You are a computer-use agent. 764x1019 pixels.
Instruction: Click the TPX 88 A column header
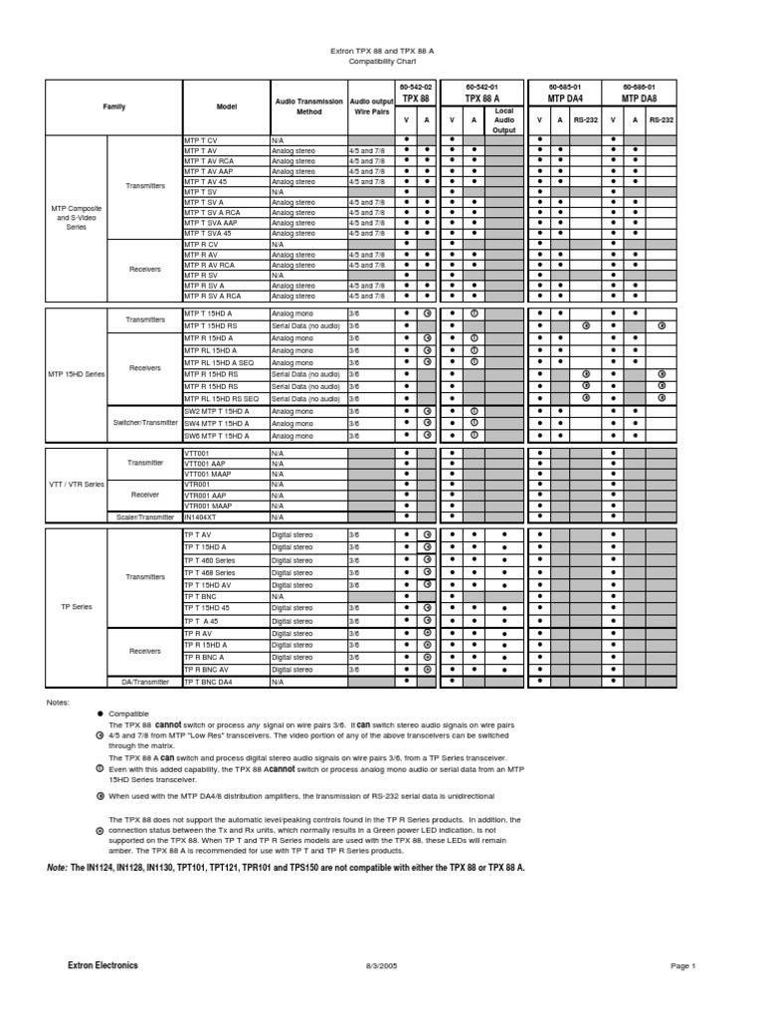pos(481,99)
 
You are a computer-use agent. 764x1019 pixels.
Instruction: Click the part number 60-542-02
pos(415,88)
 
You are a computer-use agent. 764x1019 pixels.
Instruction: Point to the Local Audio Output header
pos(504,119)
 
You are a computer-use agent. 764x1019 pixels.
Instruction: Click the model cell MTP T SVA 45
pos(208,233)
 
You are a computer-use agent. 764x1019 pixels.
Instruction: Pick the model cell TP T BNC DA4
pos(208,683)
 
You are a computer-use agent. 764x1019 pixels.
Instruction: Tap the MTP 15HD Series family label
pos(76,374)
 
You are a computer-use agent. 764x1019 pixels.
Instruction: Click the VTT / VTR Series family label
pos(76,485)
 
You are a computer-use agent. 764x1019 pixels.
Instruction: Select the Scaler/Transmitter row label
pos(144,517)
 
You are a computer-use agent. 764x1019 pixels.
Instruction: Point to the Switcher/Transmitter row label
pos(144,423)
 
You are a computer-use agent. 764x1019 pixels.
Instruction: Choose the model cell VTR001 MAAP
pos(205,506)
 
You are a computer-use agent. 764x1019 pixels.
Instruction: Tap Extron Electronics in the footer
pos(102,965)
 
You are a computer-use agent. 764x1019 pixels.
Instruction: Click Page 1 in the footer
pos(682,966)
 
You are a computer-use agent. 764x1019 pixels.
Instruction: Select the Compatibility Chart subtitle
pos(381,60)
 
